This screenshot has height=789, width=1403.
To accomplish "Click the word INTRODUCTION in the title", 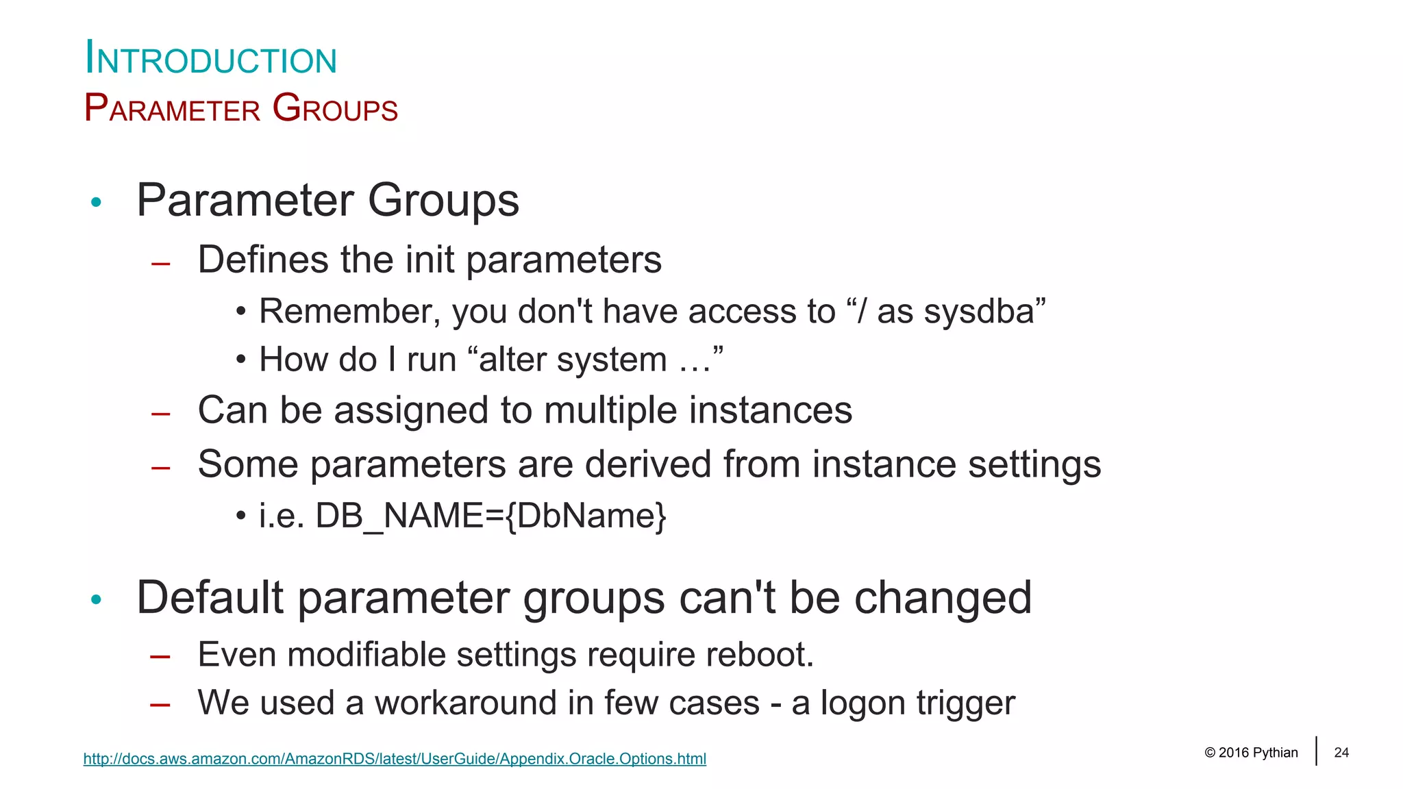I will click(211, 59).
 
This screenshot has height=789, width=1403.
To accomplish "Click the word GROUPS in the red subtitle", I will click(335, 109).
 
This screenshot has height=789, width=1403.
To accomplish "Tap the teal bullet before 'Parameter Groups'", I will click(96, 202).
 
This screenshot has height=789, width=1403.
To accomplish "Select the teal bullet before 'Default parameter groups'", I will click(96, 600).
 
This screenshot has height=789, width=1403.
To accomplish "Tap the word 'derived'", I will click(647, 464).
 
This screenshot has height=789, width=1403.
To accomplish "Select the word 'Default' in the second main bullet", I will click(210, 598).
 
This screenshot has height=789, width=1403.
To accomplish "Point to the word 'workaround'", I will click(464, 703).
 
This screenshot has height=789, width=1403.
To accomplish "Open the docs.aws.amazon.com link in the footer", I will click(395, 759).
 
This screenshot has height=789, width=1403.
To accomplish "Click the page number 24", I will click(1341, 753).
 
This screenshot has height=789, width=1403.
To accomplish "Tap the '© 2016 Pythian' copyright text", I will click(1251, 753).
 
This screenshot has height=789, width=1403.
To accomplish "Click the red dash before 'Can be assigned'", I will click(161, 414).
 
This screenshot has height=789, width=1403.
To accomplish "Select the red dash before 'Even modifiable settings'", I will click(161, 657).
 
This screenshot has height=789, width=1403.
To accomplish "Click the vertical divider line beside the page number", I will click(1316, 751).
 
